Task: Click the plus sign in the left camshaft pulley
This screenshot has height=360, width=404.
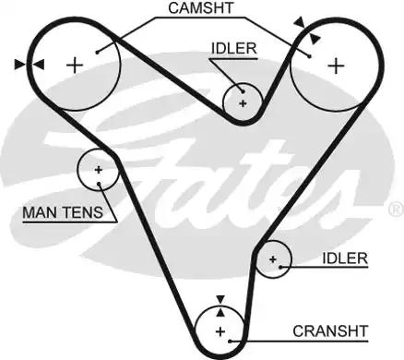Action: [x=75, y=64]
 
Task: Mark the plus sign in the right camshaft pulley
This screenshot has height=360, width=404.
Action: [x=337, y=65]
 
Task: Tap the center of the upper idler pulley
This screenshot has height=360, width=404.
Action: [x=244, y=102]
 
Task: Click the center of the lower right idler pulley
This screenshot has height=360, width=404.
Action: [x=273, y=260]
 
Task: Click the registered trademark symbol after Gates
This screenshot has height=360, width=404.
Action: [x=394, y=207]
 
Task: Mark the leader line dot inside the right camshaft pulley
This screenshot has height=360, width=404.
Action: [x=312, y=55]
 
